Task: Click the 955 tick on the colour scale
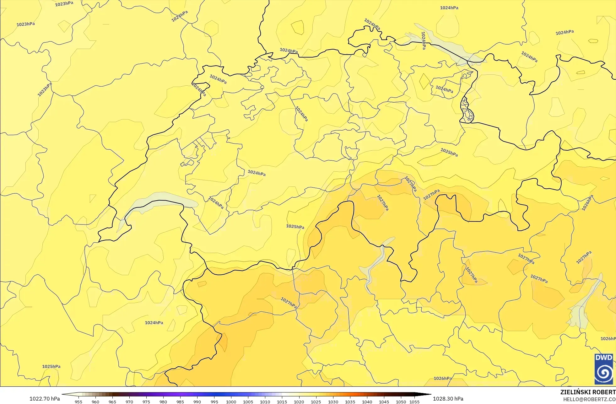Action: click(x=78, y=402)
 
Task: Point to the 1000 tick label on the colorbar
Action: click(x=231, y=402)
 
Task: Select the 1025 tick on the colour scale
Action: click(x=316, y=402)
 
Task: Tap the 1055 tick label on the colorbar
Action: click(x=414, y=402)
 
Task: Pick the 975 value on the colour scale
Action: click(x=146, y=402)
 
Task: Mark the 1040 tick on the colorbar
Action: click(x=367, y=402)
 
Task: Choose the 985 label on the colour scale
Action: click(x=180, y=402)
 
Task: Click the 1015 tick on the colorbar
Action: click(x=282, y=402)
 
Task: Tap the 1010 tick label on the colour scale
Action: click(x=265, y=402)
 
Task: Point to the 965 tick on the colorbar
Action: click(x=112, y=402)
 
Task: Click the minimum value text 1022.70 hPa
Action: click(x=45, y=399)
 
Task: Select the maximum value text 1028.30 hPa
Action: click(x=448, y=399)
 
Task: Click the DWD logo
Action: click(x=603, y=369)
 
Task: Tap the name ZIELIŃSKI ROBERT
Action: click(x=588, y=392)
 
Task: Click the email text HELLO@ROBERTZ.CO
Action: click(x=589, y=399)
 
